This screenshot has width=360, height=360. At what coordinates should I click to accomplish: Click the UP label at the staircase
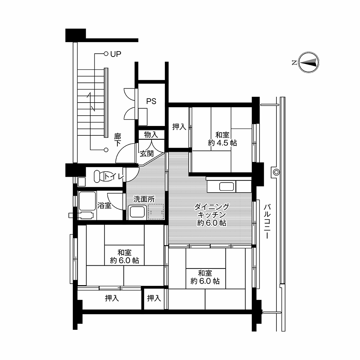tap(116, 54)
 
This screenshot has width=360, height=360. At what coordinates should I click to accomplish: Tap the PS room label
tap(151, 101)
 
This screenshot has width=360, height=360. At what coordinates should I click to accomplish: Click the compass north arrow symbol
tap(309, 62)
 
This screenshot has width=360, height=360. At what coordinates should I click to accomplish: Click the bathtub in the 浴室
tap(87, 201)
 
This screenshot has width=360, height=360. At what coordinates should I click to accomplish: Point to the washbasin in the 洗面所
tap(137, 212)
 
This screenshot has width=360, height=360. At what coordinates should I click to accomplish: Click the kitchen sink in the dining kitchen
tap(226, 186)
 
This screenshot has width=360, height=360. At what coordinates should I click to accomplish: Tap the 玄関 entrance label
tap(147, 154)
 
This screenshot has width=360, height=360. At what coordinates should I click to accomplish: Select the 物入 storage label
tap(151, 135)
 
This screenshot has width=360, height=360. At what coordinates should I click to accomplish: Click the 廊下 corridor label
tap(118, 140)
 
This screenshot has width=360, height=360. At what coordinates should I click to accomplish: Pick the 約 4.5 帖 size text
tap(222, 143)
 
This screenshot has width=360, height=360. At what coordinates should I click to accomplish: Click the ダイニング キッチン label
tap(212, 211)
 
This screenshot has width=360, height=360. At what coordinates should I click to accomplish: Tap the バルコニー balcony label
tap(267, 221)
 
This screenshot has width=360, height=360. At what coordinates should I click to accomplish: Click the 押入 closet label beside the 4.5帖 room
tap(179, 127)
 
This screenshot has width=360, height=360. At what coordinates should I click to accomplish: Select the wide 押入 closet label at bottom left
tap(112, 298)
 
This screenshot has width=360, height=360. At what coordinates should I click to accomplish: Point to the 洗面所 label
tap(144, 199)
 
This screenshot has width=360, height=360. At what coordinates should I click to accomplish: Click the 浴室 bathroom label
tap(104, 206)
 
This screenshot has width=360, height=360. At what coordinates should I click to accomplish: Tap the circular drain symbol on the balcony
tap(276, 172)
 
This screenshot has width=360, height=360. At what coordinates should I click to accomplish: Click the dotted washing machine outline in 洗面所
tap(156, 211)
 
